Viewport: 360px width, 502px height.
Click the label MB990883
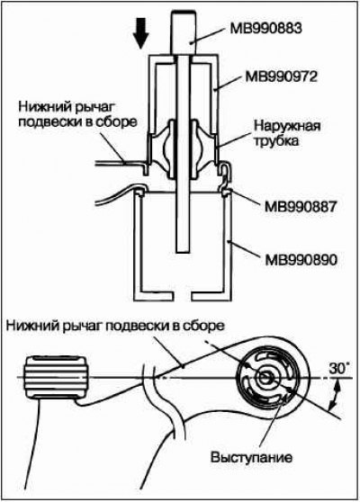(265, 28)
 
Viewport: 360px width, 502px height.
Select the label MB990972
(281, 76)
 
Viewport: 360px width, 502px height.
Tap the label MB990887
(301, 207)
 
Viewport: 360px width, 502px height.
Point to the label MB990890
(301, 260)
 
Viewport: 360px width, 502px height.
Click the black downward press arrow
(140, 33)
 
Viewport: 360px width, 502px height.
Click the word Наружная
(287, 126)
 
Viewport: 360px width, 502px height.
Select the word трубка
(275, 140)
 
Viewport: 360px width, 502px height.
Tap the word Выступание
(251, 457)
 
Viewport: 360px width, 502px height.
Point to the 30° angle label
(339, 369)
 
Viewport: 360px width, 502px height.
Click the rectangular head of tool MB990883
(184, 32)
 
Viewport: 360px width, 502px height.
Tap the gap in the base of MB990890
(184, 296)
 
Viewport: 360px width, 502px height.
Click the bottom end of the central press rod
(184, 251)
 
